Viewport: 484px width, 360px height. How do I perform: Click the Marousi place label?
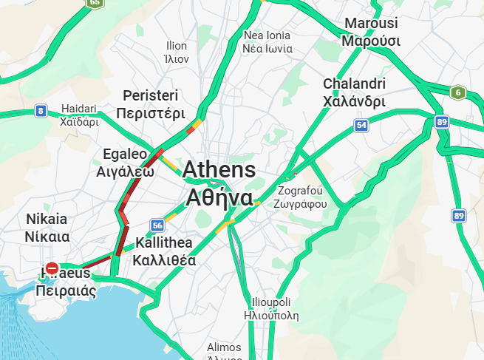tap(370, 32)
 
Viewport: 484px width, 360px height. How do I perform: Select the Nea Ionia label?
tap(267, 42)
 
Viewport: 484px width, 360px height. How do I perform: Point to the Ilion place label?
tap(177, 52)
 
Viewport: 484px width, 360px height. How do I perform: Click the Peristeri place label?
tap(151, 105)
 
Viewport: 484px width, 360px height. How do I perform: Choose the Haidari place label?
tap(79, 115)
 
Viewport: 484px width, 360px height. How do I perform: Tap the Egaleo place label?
tap(125, 163)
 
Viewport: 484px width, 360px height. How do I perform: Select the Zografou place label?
tap(300, 197)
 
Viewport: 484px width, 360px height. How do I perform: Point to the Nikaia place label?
tap(47, 228)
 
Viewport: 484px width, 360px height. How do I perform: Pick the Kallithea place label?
tap(164, 251)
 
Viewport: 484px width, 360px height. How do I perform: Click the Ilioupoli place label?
tap(271, 308)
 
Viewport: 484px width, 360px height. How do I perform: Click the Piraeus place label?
tap(66, 282)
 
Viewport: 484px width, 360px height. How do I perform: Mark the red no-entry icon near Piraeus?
tap(52, 268)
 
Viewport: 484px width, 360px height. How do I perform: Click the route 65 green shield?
tap(95, 3)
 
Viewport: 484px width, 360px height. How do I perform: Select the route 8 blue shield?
tap(40, 112)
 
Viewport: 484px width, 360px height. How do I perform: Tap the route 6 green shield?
tap(458, 92)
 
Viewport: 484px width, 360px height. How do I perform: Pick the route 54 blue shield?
tap(361, 126)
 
